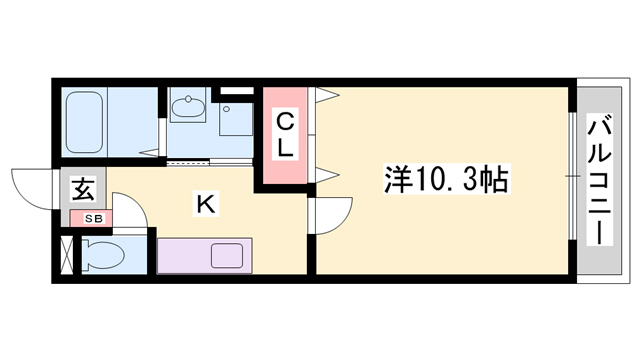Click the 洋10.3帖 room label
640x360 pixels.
[446, 179]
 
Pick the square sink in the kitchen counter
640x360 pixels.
[227, 255]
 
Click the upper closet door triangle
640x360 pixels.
[326, 96]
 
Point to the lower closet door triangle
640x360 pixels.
[326, 174]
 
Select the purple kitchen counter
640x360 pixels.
[207, 255]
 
